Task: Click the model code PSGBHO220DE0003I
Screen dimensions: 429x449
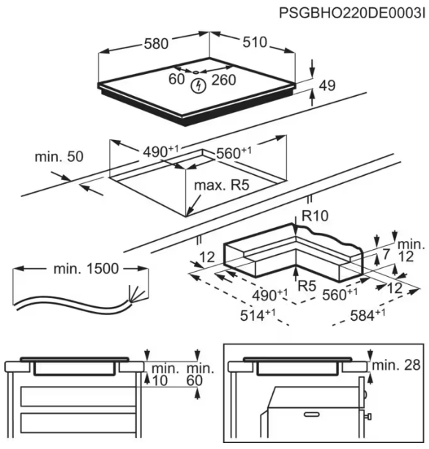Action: [352, 13]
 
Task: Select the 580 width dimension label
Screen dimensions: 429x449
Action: [156, 44]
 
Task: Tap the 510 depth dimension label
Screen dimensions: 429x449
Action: [255, 42]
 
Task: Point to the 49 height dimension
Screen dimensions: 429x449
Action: [327, 86]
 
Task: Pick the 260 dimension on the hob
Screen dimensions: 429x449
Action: [223, 80]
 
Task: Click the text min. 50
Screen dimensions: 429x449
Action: [59, 157]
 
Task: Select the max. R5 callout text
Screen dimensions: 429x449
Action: [222, 185]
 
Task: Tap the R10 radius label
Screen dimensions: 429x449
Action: [315, 216]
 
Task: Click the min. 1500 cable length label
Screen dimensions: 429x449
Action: [86, 269]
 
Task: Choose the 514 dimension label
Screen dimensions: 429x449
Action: [258, 315]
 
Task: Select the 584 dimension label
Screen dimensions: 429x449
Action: [368, 315]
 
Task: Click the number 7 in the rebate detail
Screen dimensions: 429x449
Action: [387, 254]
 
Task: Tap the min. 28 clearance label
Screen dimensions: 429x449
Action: [396, 365]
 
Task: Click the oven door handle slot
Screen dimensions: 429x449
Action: [313, 414]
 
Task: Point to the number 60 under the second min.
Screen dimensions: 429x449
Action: [195, 381]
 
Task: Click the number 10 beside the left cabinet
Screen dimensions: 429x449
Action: [160, 381]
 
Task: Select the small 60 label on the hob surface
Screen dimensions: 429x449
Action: [176, 79]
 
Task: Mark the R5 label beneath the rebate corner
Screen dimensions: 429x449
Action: [307, 286]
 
